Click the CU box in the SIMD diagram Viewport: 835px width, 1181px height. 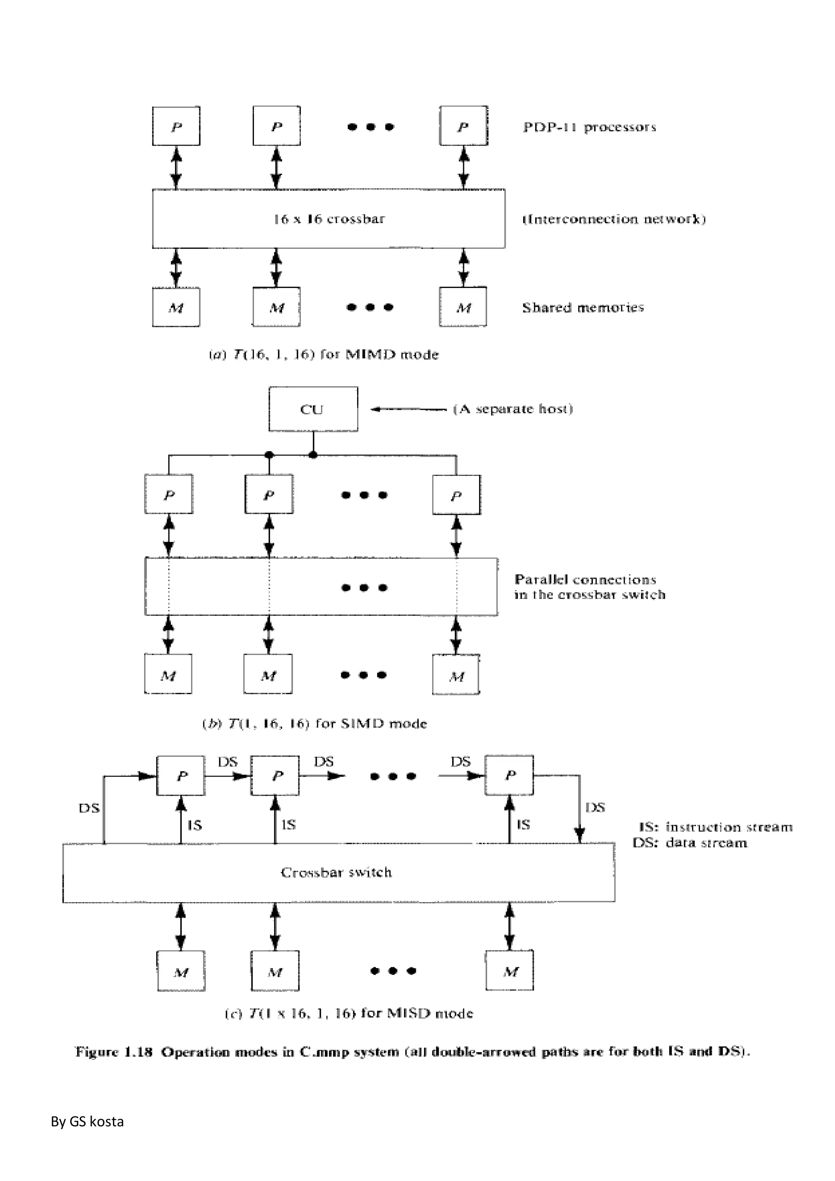pos(313,409)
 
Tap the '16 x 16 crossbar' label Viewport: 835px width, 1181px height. pos(329,219)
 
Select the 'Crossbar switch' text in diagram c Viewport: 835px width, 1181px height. pos(336,872)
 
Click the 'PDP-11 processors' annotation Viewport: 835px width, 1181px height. pos(589,127)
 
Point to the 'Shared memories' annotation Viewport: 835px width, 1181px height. pos(583,307)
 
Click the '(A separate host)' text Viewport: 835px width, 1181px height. pos(512,409)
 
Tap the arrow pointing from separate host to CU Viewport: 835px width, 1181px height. pos(408,409)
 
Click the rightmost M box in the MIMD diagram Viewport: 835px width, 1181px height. pos(463,307)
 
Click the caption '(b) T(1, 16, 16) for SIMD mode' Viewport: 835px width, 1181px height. pos(315,724)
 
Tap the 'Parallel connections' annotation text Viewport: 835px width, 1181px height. pos(585,580)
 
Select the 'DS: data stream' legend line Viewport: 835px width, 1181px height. pos(689,843)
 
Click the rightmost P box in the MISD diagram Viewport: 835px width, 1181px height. pos(509,776)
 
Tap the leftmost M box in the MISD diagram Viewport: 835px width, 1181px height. pos(181,971)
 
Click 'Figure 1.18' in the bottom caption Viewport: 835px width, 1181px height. pos(114,1051)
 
